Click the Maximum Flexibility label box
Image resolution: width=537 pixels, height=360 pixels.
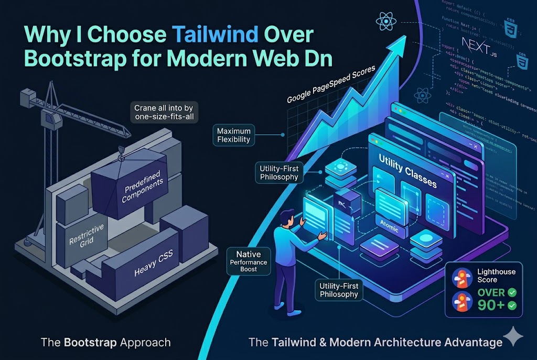click(234, 135)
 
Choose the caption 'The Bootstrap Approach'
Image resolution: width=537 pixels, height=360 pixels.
click(105, 343)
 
